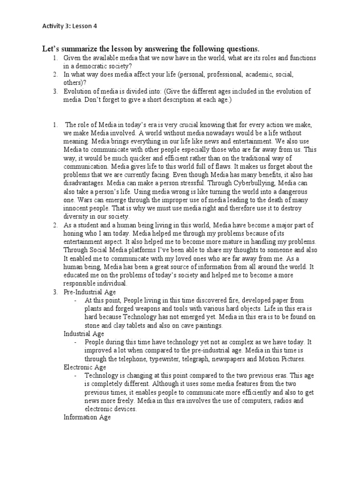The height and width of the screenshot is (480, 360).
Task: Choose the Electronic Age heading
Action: pos(85,367)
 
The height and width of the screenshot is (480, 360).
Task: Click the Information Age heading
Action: pos(87,417)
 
